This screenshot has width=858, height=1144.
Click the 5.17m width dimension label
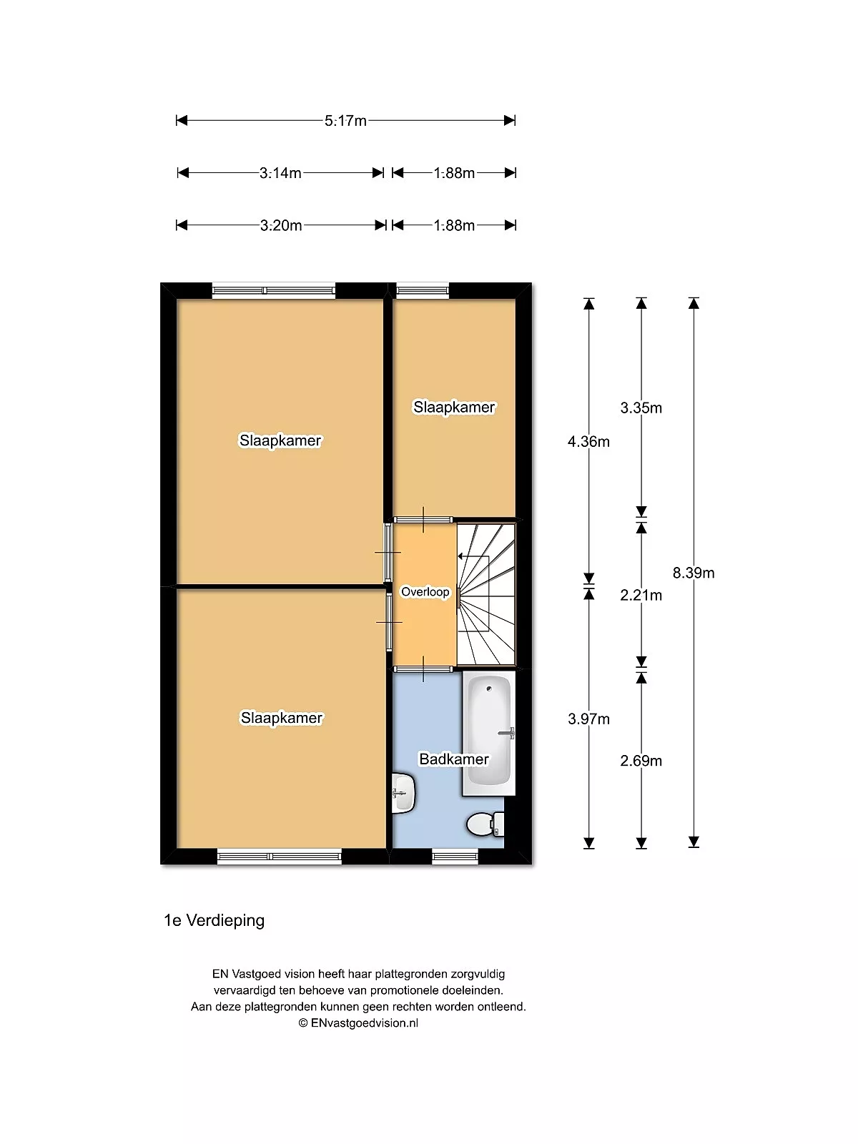click(345, 121)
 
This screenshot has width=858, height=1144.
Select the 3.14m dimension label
click(280, 173)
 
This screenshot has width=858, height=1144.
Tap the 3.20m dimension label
click(281, 226)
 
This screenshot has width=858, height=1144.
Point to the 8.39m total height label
click(694, 573)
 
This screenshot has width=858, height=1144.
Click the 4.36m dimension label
click(588, 441)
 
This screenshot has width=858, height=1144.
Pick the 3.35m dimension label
click(641, 408)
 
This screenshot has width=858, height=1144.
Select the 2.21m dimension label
click(641, 595)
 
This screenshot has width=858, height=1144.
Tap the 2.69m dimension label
click(641, 761)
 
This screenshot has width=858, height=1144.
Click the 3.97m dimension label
click(588, 719)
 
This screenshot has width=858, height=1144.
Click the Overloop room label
click(425, 592)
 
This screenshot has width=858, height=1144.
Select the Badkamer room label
click(454, 759)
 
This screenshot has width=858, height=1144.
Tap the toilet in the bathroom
click(485, 824)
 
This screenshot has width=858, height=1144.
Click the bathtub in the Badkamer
click(488, 734)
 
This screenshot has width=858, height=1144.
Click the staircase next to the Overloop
click(486, 594)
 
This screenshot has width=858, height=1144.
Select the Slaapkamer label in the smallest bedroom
click(454, 407)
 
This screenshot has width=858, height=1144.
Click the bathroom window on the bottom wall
click(455, 856)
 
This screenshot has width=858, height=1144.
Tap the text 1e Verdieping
click(214, 920)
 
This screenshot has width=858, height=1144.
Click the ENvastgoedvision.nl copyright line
click(358, 1022)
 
